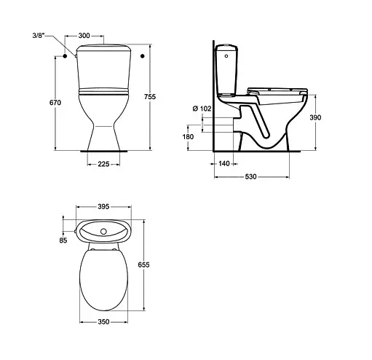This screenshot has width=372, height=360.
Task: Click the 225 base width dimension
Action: click(x=103, y=165)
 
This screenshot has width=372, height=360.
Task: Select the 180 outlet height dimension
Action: click(x=189, y=136)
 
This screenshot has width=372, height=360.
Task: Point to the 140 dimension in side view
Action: click(x=224, y=164)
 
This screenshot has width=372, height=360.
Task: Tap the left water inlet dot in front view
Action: click(x=66, y=55)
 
